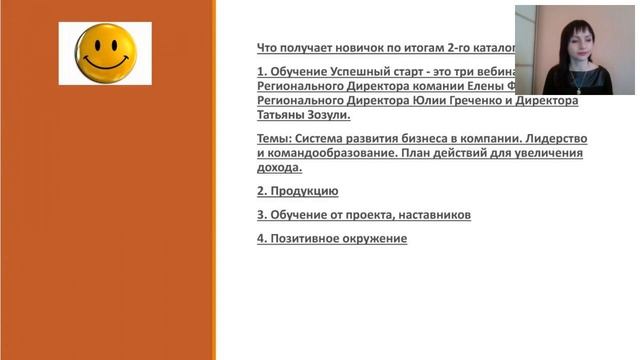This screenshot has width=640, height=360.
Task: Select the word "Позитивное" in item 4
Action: click(x=306, y=238)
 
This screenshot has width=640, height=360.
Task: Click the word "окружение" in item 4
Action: click(x=376, y=238)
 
